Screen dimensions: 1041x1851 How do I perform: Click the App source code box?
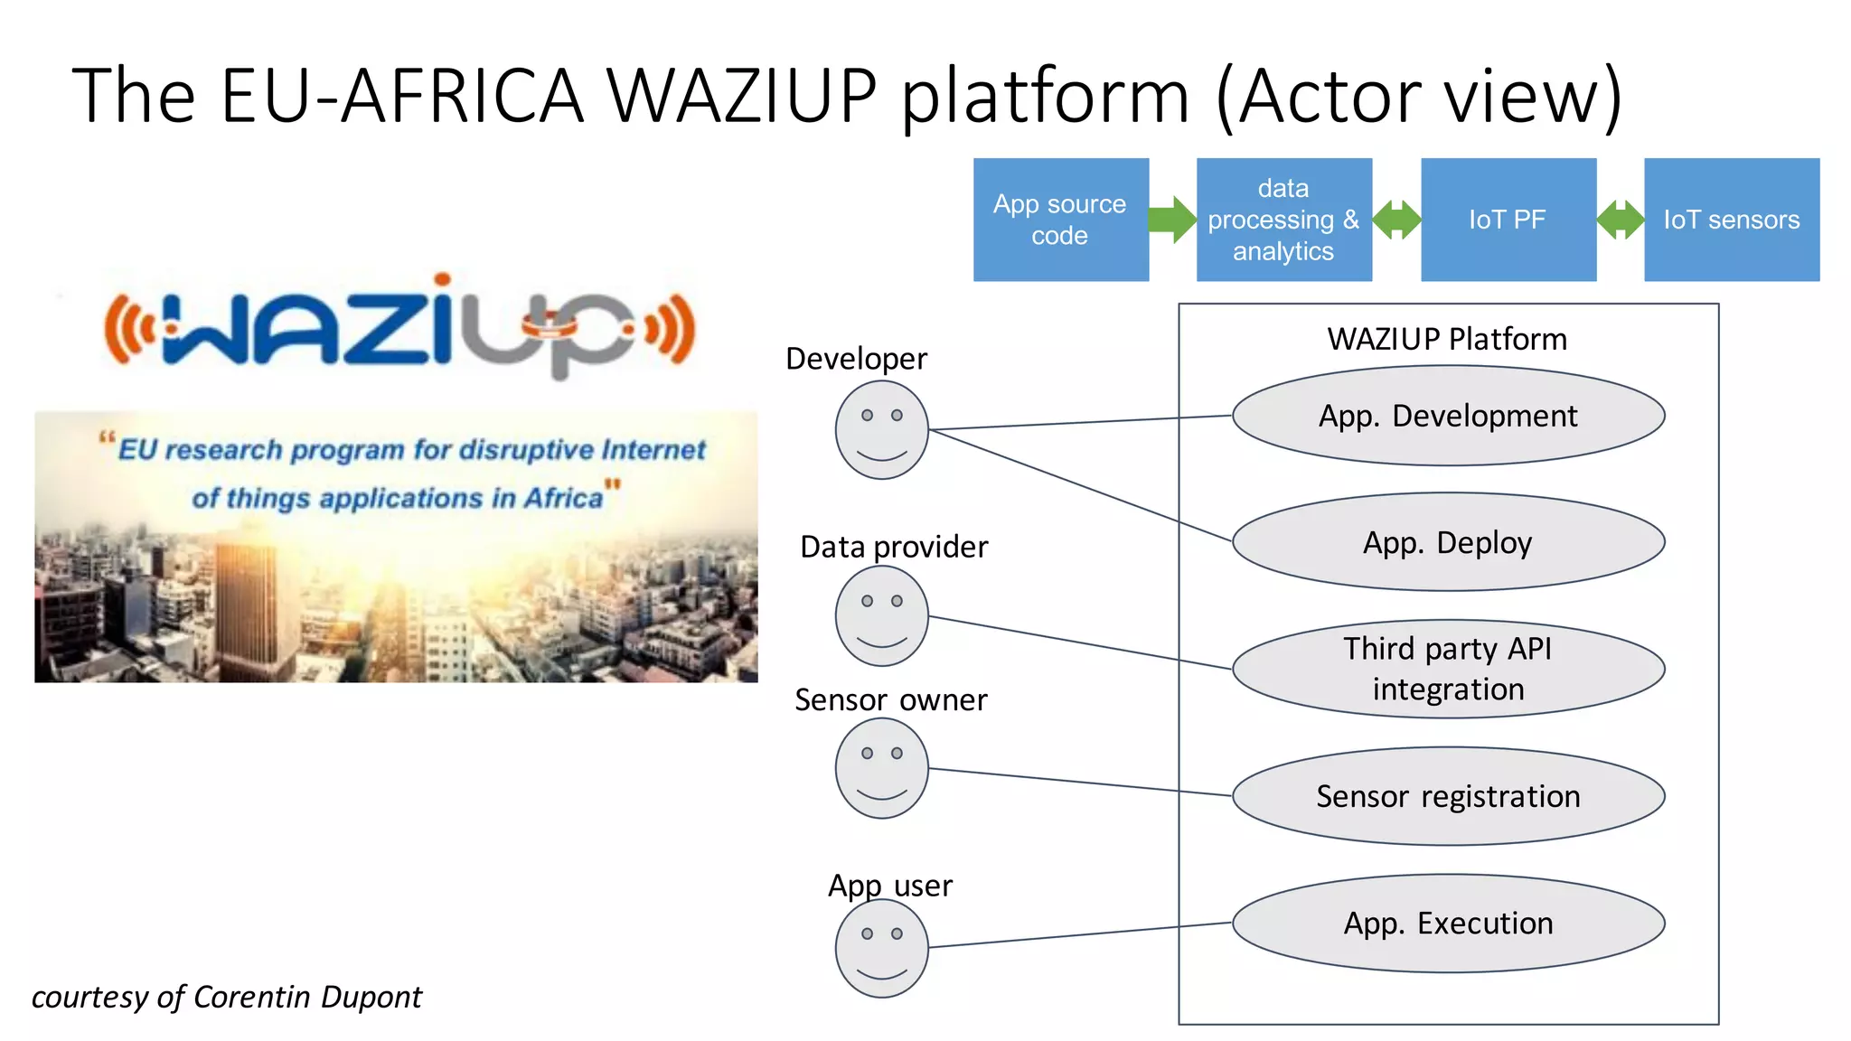[1060, 220]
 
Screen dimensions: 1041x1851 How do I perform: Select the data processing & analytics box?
[1283, 220]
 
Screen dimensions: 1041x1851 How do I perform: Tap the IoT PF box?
[1508, 220]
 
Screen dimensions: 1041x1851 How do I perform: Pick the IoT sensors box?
[1731, 220]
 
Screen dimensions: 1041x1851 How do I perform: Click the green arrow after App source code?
[1173, 220]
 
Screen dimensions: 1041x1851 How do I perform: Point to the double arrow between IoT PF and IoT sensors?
[1620, 220]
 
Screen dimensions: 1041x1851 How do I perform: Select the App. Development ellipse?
[1447, 416]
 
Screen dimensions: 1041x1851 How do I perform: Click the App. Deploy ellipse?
[1447, 542]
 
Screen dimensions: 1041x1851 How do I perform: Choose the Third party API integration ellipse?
[1447, 669]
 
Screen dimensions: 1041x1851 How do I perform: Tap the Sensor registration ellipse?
[1447, 796]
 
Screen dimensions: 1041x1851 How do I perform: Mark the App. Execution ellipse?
[1447, 923]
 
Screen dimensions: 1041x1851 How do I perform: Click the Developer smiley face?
[881, 430]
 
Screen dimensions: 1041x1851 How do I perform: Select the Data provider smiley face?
[881, 617]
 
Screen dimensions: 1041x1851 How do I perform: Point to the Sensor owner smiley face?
[881, 770]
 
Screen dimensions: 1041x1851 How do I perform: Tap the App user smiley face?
[881, 948]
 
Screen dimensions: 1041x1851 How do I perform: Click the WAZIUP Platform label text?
[1447, 339]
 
